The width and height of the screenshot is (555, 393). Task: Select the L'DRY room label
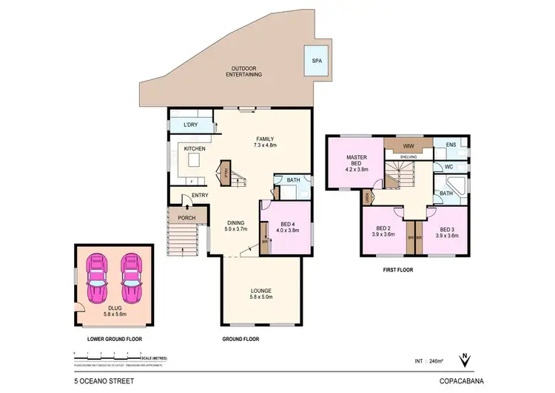click(x=191, y=125)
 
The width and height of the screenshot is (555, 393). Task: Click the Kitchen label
click(x=195, y=149)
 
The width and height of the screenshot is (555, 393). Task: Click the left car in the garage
click(x=97, y=278)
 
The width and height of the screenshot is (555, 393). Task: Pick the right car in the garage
click(x=132, y=278)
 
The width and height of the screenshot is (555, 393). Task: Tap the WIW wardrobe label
click(x=408, y=146)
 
